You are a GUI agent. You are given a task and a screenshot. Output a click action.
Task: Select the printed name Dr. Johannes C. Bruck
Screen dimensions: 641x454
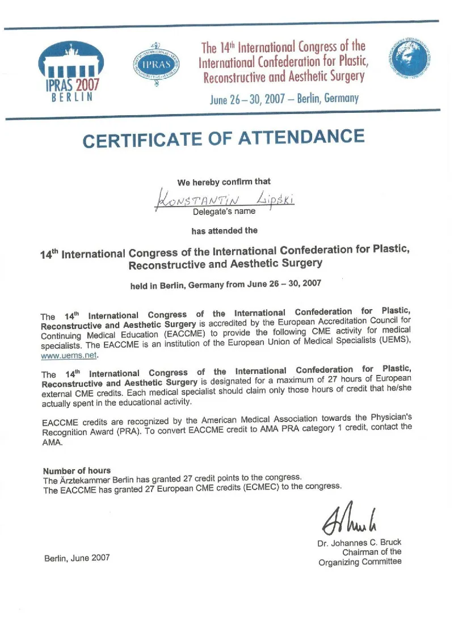click(x=359, y=542)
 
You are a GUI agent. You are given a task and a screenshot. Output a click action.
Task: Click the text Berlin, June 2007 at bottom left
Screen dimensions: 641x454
click(x=77, y=558)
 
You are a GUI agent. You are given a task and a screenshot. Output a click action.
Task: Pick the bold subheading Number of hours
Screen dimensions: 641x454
click(x=77, y=471)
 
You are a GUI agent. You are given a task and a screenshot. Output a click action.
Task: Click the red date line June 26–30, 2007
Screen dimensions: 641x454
click(x=284, y=99)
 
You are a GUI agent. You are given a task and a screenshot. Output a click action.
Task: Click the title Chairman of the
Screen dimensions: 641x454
click(x=372, y=551)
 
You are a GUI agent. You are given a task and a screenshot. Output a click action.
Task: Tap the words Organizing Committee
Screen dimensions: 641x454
click(x=360, y=562)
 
